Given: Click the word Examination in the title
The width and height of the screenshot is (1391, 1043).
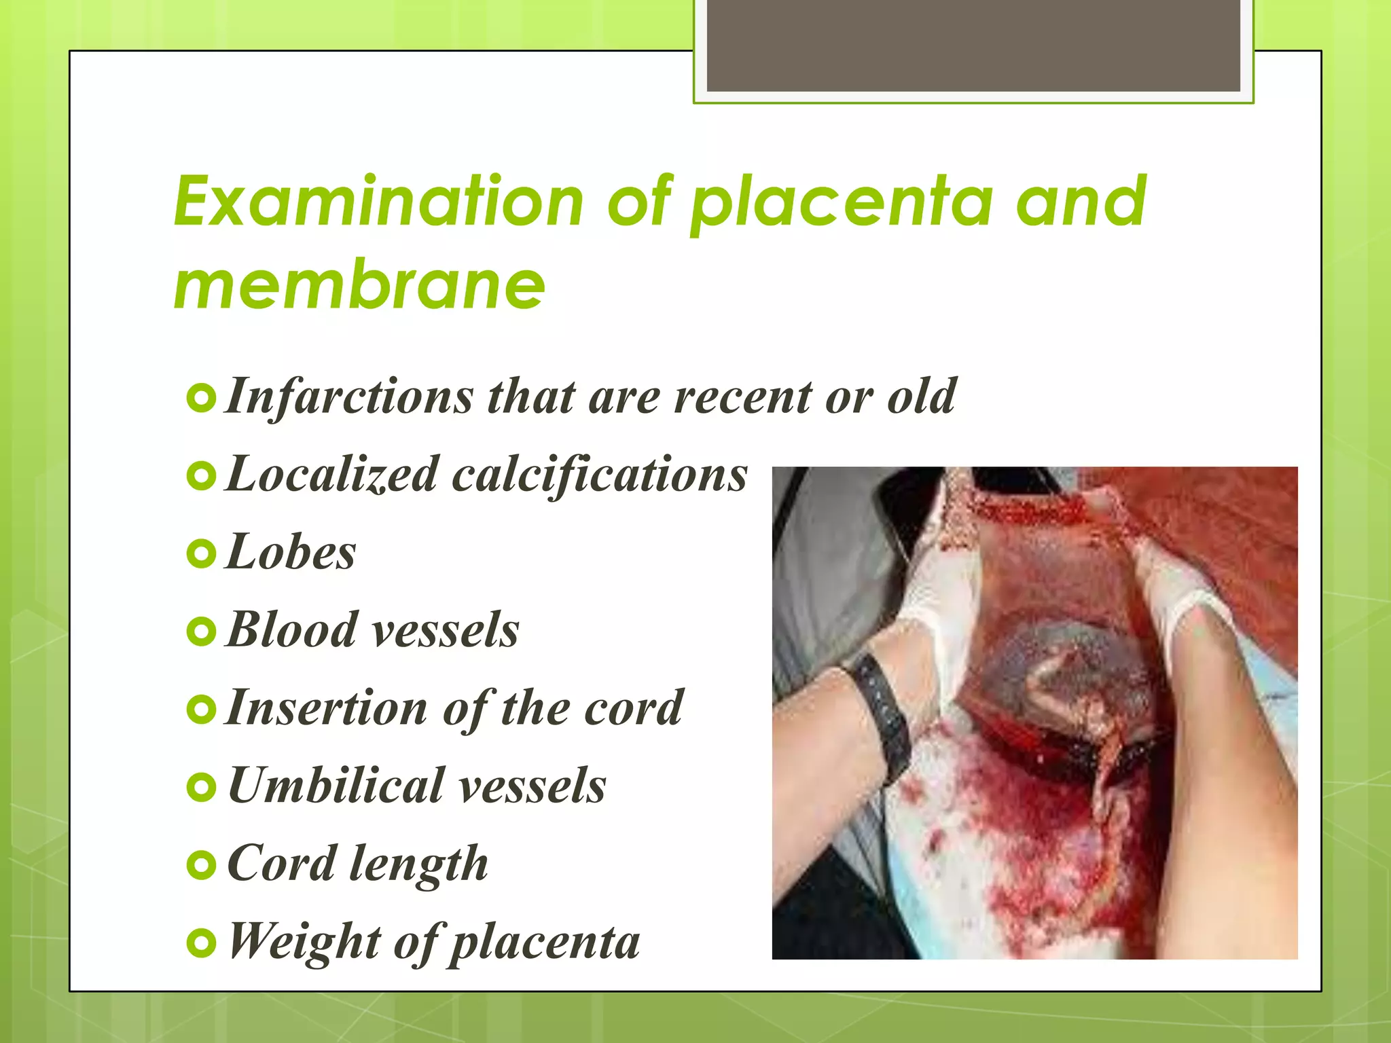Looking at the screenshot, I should click(x=378, y=202).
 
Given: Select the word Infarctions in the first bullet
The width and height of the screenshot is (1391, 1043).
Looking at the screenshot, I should click(x=349, y=396).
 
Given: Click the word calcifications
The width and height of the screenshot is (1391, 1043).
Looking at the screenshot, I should click(x=600, y=474).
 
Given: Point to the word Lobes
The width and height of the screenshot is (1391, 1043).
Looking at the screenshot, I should click(x=291, y=552).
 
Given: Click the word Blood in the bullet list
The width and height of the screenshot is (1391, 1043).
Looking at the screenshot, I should click(x=292, y=629).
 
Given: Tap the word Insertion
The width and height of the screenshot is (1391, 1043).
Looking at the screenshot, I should click(x=327, y=708).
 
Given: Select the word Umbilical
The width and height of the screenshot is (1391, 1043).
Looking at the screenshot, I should click(x=336, y=786).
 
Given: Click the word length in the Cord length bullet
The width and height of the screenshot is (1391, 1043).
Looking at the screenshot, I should click(x=418, y=864).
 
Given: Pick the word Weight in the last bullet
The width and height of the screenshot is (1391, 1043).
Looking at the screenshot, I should click(x=304, y=941).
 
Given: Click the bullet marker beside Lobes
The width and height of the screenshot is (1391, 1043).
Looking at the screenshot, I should click(x=201, y=554).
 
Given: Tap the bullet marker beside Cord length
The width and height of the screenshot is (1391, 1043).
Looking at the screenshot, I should click(x=201, y=866).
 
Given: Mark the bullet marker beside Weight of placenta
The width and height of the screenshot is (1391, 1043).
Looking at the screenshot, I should click(x=201, y=943).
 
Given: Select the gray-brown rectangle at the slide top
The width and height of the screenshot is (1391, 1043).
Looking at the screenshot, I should click(x=973, y=45).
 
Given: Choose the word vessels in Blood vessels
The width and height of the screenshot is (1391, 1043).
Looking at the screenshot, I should click(x=446, y=629).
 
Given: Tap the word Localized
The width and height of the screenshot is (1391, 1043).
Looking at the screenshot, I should click(x=331, y=474).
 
